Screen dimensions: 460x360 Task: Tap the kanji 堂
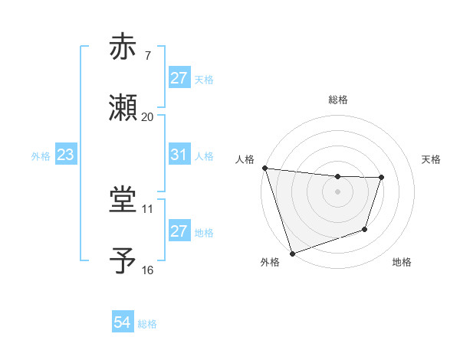(x=124, y=200)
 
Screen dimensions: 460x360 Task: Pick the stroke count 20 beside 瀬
(x=147, y=117)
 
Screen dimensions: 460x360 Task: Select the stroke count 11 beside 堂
(x=147, y=208)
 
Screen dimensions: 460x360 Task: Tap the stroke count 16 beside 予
(x=147, y=270)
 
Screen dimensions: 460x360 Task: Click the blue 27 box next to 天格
(x=179, y=78)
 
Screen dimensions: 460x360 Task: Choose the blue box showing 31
(x=179, y=155)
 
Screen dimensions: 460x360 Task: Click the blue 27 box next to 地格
(x=179, y=231)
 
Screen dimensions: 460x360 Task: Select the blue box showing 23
(x=66, y=155)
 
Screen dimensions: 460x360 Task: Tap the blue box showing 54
(x=123, y=322)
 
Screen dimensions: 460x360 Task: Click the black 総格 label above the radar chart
(x=338, y=100)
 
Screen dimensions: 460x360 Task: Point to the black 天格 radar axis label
(x=432, y=159)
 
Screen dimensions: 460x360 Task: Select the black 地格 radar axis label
(x=402, y=263)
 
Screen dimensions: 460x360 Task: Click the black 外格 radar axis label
(x=269, y=263)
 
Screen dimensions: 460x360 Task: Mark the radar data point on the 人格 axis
(x=264, y=168)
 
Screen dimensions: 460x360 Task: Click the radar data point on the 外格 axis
(x=292, y=253)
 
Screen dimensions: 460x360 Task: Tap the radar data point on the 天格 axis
(x=381, y=178)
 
